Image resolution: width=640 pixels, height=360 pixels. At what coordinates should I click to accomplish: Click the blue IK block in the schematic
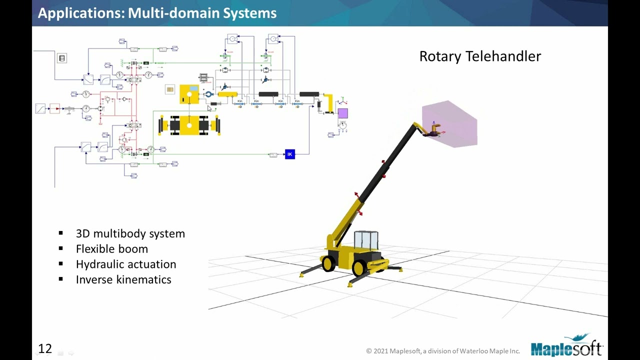[x=289, y=154]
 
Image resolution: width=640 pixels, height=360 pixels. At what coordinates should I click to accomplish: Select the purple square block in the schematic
[x=342, y=113]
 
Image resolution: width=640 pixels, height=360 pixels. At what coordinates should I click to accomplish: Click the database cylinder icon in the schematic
[x=62, y=58]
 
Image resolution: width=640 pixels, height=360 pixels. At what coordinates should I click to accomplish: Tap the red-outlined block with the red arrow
[x=54, y=108]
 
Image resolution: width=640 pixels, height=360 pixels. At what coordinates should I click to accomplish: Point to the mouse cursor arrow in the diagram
[x=209, y=108]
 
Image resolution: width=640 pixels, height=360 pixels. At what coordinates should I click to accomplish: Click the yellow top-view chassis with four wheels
[x=189, y=125]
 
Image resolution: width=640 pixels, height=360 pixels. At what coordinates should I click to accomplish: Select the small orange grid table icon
[x=170, y=89]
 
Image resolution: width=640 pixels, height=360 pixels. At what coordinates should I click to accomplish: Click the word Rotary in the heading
[x=440, y=56]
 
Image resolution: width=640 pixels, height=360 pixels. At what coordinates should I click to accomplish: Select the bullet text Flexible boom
[x=112, y=249]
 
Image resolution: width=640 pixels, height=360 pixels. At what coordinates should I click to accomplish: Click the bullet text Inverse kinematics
[x=123, y=279]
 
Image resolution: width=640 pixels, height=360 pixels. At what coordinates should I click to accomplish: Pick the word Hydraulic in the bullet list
[x=98, y=264]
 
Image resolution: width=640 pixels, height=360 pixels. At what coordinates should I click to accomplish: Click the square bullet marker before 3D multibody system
[x=61, y=233]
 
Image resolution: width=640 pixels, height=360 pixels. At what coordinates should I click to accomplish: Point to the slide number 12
[x=45, y=348]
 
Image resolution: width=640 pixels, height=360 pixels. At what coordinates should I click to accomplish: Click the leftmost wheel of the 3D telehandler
[x=328, y=263]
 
